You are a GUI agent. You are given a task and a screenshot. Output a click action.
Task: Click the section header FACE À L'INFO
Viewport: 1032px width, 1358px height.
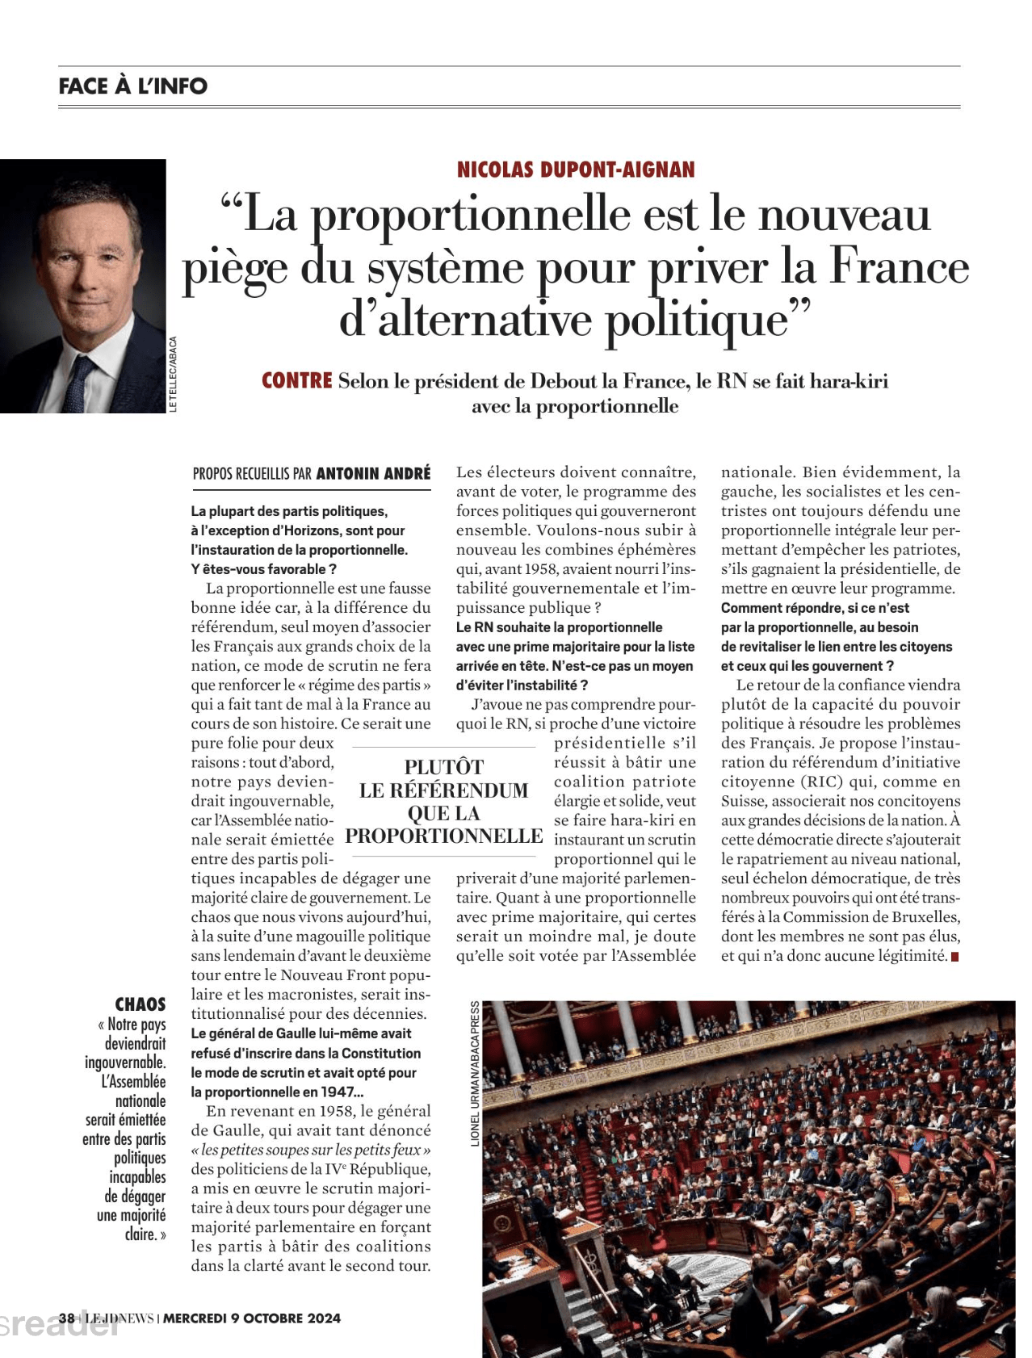tap(133, 86)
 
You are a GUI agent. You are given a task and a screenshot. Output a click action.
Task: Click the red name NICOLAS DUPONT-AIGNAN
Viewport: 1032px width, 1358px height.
tap(576, 170)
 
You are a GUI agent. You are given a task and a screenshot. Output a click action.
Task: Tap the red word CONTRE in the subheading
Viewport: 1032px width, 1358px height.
tap(297, 380)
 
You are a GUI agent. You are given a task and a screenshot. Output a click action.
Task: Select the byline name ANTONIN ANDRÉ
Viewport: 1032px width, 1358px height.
tap(373, 474)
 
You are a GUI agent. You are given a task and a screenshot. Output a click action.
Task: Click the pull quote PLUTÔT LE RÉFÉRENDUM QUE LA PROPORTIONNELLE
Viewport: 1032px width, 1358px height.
tap(443, 801)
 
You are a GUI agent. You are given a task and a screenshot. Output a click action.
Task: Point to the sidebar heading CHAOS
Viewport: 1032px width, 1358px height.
tap(141, 1004)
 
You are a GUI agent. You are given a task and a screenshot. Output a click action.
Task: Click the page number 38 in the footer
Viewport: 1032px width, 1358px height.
tap(66, 1318)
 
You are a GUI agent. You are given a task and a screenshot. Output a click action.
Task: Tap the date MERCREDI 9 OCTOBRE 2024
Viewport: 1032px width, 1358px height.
tap(252, 1318)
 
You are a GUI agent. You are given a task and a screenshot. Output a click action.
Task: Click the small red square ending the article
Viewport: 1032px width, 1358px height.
tap(955, 957)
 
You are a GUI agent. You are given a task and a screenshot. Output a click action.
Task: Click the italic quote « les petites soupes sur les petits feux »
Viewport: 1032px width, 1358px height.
tap(311, 1150)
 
